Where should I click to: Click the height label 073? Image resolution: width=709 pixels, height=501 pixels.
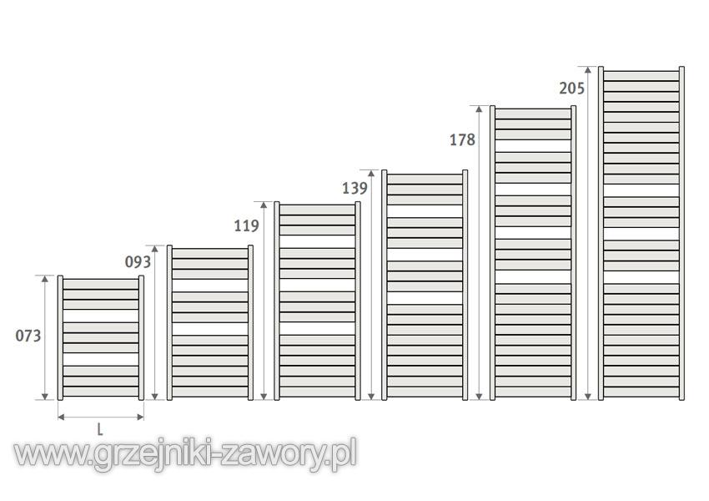(x=28, y=336)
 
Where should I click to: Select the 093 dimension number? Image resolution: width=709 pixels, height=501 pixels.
(x=138, y=261)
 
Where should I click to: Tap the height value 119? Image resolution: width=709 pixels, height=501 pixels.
(x=246, y=225)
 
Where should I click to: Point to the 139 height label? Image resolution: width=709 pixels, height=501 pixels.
(x=354, y=188)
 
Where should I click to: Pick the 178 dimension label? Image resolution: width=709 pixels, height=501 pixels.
(x=462, y=139)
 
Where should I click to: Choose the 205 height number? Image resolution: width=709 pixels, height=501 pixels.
(x=571, y=88)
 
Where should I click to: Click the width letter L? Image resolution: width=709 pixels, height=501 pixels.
(x=100, y=429)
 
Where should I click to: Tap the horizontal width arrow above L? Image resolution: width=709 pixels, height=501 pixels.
(x=101, y=417)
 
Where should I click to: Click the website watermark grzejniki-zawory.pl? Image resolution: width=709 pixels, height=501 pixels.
(x=185, y=454)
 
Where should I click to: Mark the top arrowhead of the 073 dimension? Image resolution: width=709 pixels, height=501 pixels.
(x=45, y=279)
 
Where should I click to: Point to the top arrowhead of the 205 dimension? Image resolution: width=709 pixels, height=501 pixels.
(x=588, y=69)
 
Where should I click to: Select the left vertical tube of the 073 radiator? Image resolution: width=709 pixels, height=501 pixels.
(x=60, y=337)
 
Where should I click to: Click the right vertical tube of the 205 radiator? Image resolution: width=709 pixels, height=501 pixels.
(x=681, y=234)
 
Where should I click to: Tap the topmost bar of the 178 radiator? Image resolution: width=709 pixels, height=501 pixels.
(x=533, y=114)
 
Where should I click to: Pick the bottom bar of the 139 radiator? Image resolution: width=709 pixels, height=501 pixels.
(x=425, y=392)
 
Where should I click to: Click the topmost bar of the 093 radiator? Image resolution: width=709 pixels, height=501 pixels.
(x=210, y=253)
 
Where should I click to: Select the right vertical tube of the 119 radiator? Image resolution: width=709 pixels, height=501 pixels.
(x=358, y=301)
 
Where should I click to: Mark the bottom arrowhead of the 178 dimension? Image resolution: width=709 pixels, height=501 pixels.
(x=480, y=397)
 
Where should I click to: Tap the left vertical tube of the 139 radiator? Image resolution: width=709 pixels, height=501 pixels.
(x=385, y=285)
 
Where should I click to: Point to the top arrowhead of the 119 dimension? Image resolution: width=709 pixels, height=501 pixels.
(x=264, y=205)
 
